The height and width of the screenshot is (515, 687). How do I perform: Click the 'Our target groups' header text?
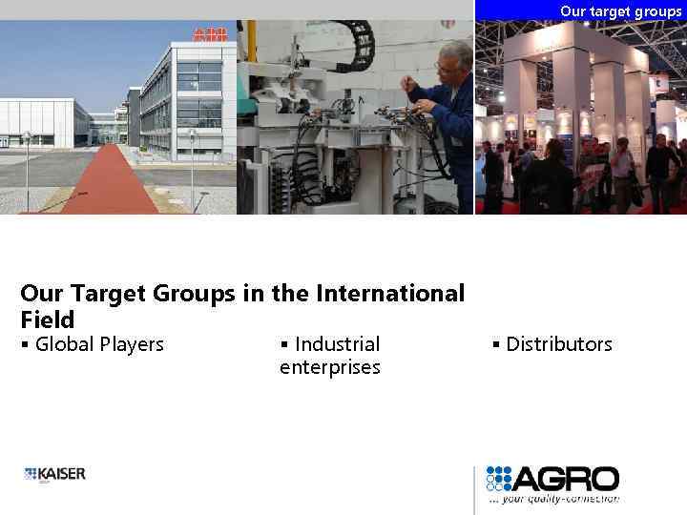pyautogui.click(x=620, y=11)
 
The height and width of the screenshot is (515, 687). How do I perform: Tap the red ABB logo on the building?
pyautogui.click(x=210, y=35)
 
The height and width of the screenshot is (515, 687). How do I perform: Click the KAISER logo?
pyautogui.click(x=55, y=474)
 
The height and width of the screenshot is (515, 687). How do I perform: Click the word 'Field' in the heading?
pyautogui.click(x=47, y=319)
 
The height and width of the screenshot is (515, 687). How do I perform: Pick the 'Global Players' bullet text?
pyautogui.click(x=98, y=344)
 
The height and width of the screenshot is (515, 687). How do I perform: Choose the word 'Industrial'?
pyautogui.click(x=337, y=344)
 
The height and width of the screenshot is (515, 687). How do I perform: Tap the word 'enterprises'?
pyautogui.click(x=330, y=367)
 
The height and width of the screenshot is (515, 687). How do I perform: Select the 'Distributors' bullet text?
pyautogui.click(x=559, y=344)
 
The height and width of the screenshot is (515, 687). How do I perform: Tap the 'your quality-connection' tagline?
pyautogui.click(x=555, y=498)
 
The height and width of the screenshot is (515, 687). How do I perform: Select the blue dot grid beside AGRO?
pyautogui.click(x=500, y=478)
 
